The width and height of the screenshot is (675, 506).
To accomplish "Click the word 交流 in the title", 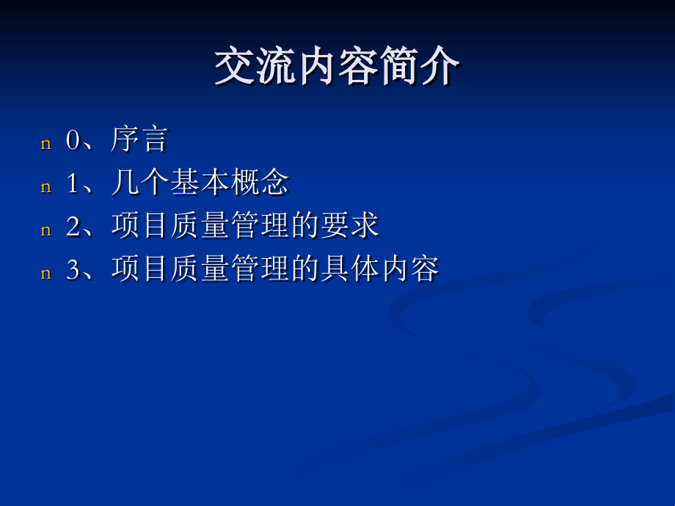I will coord(255,68).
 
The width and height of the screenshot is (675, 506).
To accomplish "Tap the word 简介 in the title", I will coord(420,68).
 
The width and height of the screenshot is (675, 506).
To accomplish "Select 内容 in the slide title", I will coord(337,68).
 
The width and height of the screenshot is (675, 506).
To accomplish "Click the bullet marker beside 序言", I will coord(46,144).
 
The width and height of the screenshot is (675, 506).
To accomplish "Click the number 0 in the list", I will coord(72,140).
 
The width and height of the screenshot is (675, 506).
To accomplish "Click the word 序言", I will coord(140,139).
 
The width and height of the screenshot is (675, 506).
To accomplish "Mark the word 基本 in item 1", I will coord(200,183).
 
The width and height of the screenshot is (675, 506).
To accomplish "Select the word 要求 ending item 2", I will coord(350,226).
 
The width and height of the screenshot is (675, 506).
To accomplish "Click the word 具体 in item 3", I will coord(350,269).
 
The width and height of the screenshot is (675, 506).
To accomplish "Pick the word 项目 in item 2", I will coord(140,226).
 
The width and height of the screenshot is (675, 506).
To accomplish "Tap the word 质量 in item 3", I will coord(200,269).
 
